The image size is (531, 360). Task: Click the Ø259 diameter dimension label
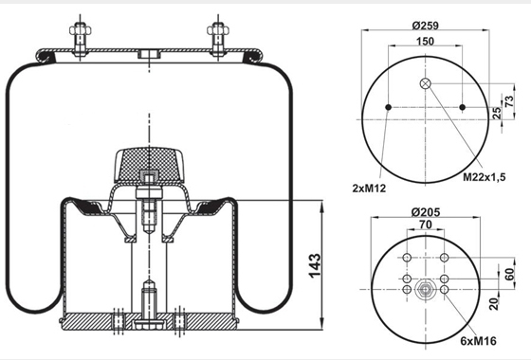(426, 26)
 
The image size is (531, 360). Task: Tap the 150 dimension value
(425, 42)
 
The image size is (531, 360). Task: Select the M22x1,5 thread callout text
(484, 176)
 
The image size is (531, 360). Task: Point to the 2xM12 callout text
(369, 189)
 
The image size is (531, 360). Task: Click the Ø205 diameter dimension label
(426, 212)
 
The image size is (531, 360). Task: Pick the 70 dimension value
(426, 225)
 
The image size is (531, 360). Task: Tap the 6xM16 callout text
(479, 341)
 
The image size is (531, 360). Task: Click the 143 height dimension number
(315, 265)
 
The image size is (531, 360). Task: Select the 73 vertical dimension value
(509, 101)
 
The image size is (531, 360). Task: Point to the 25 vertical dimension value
(496, 113)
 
